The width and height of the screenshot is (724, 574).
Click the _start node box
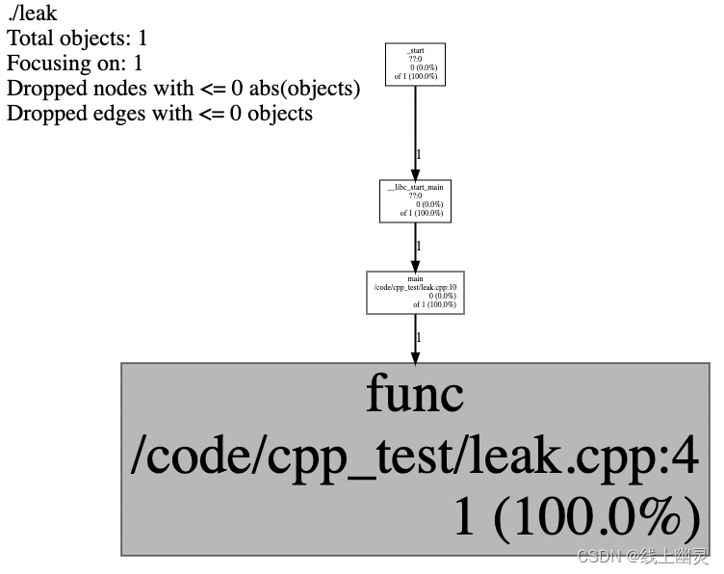point(415,65)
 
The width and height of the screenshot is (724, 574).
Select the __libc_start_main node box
point(415,200)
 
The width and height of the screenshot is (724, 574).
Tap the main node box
point(415,292)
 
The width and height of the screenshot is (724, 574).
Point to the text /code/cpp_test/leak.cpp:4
point(415,457)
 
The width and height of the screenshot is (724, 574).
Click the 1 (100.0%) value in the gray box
point(576,518)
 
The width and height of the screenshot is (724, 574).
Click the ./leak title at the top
point(32,14)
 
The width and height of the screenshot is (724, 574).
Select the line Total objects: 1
point(77,39)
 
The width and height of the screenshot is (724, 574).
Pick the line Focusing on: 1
point(74,65)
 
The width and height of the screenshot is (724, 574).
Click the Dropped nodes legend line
point(183,89)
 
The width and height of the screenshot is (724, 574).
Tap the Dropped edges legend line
point(159,114)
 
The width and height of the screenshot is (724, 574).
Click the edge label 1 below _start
point(419,154)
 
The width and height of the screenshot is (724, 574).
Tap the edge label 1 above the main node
point(419,246)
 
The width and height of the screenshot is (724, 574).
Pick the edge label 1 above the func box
point(419,337)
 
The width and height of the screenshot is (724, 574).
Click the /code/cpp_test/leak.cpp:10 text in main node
point(415,287)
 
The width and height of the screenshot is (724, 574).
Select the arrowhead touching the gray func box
point(415,356)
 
